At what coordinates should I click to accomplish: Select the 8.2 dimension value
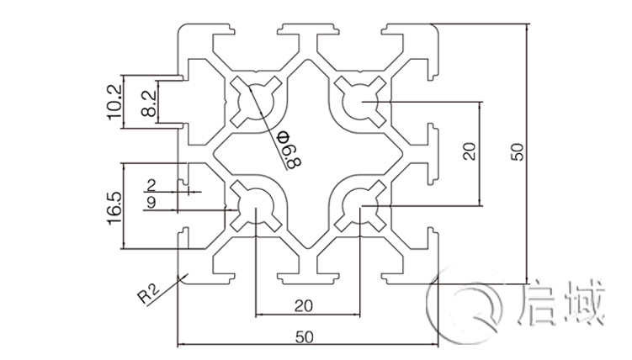pyautogui.click(x=148, y=101)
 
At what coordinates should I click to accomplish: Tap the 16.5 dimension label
pyautogui.click(x=116, y=206)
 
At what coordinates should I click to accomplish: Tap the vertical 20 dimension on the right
pyautogui.click(x=470, y=152)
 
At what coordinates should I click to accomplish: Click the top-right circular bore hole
pyautogui.click(x=363, y=103)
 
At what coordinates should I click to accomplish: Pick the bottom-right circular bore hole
pyautogui.click(x=363, y=205)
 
